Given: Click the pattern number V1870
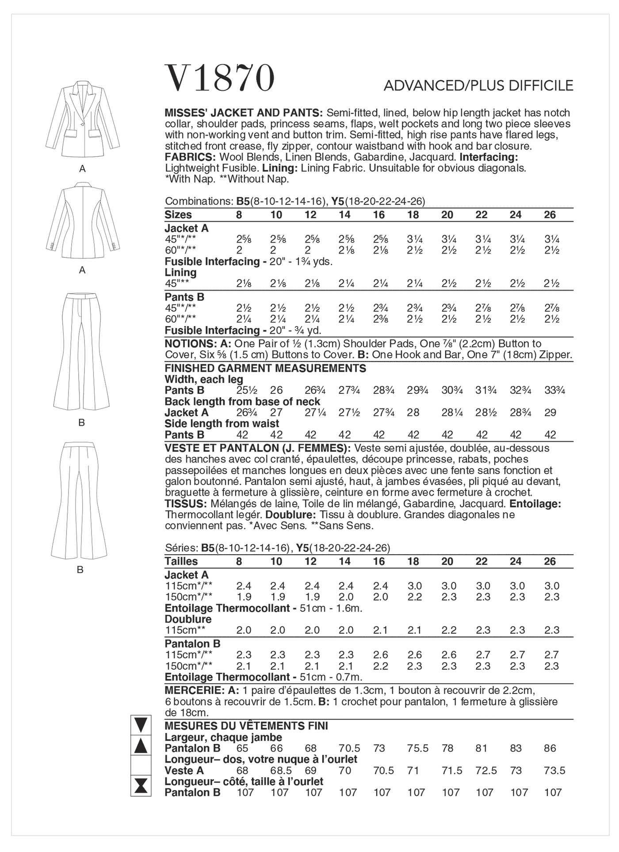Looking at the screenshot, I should coord(220,78).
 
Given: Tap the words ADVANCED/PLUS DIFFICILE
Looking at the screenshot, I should coord(478,85).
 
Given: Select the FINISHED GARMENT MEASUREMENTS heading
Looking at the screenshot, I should coord(265,368).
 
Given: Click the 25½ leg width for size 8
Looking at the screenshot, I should coord(243,390).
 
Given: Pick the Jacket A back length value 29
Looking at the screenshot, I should coord(550,413).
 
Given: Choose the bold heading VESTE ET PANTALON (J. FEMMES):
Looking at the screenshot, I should coord(258,448).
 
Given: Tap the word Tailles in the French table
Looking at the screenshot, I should coord(181,561).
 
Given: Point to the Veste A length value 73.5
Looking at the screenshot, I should coord(554,771).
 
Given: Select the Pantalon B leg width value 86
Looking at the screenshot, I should coord(550,748).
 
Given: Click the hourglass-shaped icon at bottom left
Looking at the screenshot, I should coord(141,786).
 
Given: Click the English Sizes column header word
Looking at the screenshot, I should coord(178,215).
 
